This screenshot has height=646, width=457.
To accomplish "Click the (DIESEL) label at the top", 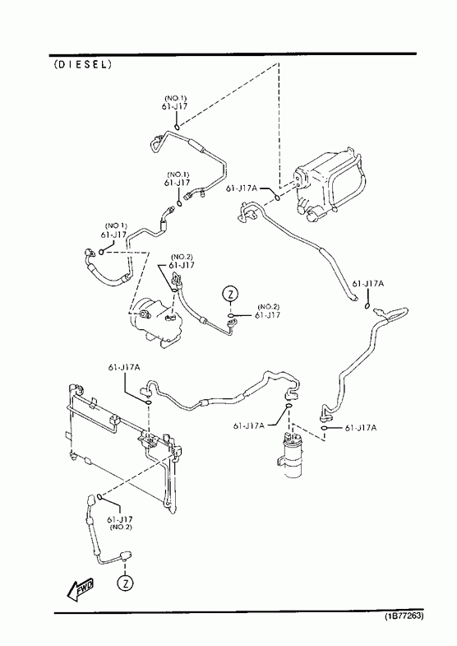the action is (x=83, y=64).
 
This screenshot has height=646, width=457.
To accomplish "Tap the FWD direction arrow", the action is (x=81, y=588).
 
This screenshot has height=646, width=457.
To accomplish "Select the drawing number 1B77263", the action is (x=404, y=616).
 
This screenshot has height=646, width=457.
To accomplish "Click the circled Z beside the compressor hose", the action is (x=231, y=294).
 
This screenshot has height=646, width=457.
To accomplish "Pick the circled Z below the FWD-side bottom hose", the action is (x=126, y=583).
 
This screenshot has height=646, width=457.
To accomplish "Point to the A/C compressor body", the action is (x=155, y=324).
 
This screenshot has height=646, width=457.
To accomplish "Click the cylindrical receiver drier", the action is (x=292, y=455).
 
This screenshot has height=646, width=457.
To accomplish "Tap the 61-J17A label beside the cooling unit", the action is (x=242, y=188).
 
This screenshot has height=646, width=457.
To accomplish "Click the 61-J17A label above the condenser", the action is (x=124, y=367).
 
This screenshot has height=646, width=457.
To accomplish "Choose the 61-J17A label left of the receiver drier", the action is (x=249, y=425).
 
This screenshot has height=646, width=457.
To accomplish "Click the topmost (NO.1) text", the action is (x=176, y=98).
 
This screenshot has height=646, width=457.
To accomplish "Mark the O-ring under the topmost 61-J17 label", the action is (x=177, y=126).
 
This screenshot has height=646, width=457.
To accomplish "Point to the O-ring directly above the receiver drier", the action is (x=289, y=407).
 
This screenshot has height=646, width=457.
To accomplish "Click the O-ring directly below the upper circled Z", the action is (x=232, y=316).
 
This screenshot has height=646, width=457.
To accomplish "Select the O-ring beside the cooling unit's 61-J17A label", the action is (x=278, y=198).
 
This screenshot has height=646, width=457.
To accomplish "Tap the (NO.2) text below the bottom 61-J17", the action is (x=121, y=527).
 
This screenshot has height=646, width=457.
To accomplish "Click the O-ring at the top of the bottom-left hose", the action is (x=99, y=497).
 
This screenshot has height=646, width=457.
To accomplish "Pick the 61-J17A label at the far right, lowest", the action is (x=361, y=428).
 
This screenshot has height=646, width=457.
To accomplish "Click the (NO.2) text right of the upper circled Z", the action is (x=268, y=306).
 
